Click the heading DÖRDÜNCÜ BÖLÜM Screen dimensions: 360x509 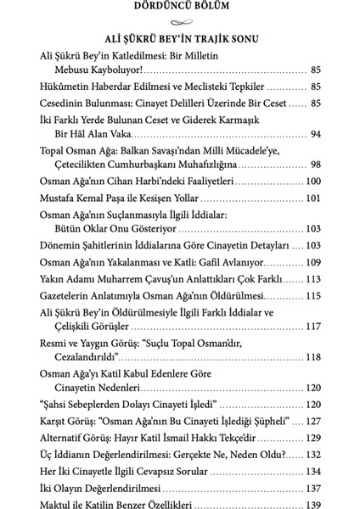click(x=180, y=8)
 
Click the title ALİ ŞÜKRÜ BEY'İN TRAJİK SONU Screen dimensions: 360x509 click(x=179, y=39)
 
